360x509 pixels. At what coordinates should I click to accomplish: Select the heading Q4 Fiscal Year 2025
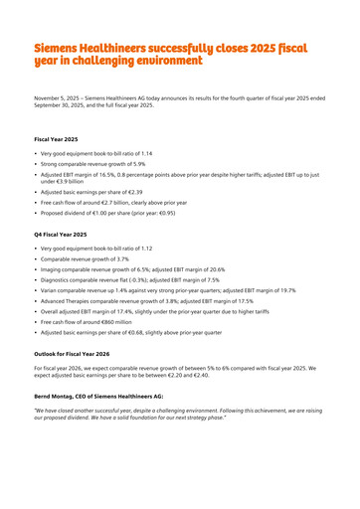click(x=61, y=234)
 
